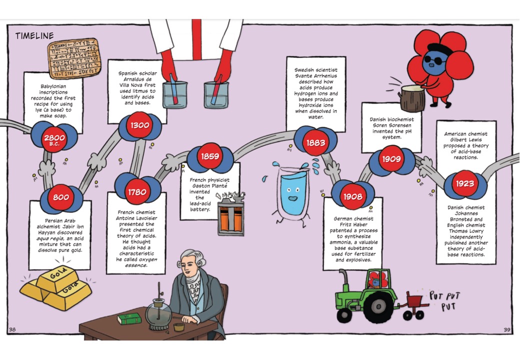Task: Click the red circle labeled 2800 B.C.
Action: click(x=54, y=138)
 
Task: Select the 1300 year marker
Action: click(x=140, y=125)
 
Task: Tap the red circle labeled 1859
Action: click(x=210, y=156)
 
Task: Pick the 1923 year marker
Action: click(x=464, y=183)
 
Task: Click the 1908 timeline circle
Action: click(x=352, y=196)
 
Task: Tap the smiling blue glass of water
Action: click(x=292, y=192)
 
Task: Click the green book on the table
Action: click(x=129, y=318)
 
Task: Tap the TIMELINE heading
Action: click(x=34, y=36)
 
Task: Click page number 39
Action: click(x=506, y=329)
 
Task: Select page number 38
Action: click(x=12, y=329)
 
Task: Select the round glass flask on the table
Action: click(x=158, y=314)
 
